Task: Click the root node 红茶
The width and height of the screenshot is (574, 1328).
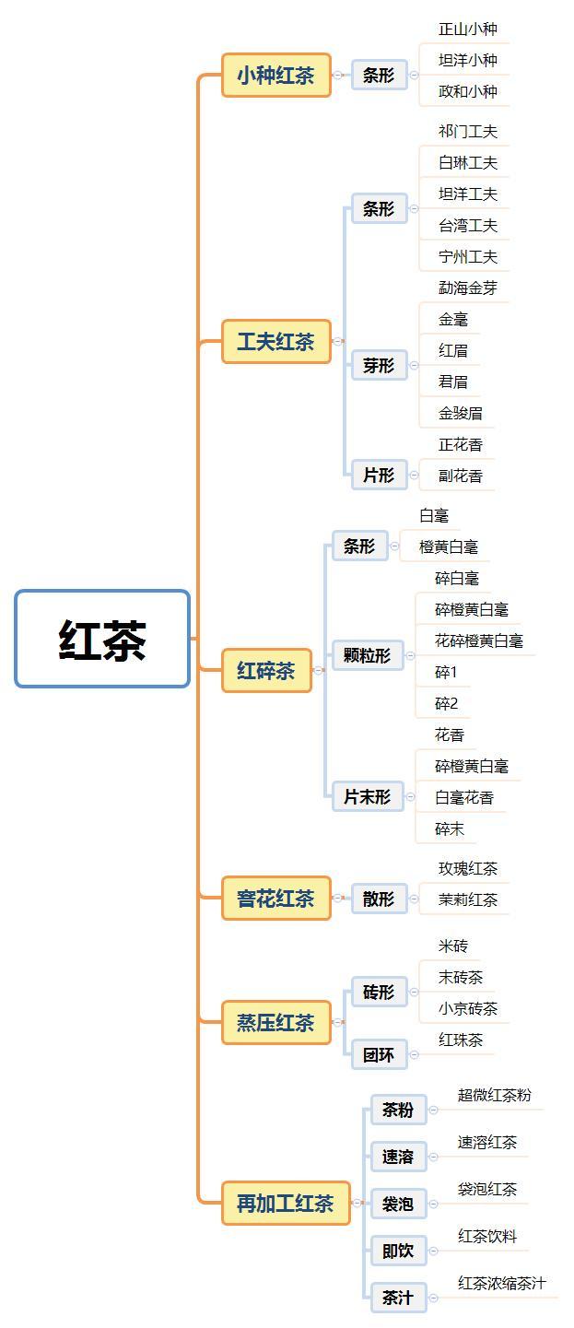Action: (x=102, y=640)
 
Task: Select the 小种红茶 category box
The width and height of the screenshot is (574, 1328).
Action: (x=275, y=76)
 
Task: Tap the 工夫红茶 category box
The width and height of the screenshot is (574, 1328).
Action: (x=275, y=342)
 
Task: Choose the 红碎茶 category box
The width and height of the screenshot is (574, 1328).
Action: (x=266, y=670)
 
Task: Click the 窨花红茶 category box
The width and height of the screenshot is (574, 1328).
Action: (x=275, y=899)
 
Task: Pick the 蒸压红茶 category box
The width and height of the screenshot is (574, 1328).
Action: (x=275, y=1022)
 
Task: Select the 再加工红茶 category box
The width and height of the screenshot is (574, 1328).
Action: (x=286, y=1204)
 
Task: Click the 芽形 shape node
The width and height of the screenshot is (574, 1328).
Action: (x=379, y=366)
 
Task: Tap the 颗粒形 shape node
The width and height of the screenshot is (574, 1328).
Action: (x=367, y=655)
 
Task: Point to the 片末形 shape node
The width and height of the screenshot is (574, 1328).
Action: (x=367, y=797)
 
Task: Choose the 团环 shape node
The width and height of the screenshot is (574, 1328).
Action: (x=379, y=1054)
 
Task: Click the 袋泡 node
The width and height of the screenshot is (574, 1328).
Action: (x=398, y=1204)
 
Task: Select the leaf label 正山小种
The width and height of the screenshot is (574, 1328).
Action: (x=468, y=29)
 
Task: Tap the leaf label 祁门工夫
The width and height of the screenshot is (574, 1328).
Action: (x=468, y=132)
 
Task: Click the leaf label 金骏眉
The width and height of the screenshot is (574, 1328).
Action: (x=461, y=413)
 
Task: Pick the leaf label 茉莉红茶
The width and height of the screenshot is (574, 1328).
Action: (x=468, y=899)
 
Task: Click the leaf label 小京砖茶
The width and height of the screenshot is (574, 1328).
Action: (x=468, y=1008)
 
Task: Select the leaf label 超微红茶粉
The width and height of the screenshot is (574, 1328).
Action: (x=495, y=1095)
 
